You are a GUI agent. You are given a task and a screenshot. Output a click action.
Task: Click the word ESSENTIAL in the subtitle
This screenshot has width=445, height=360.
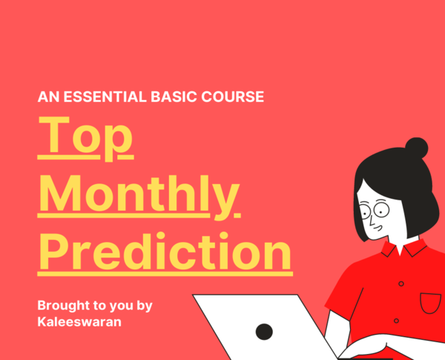(105, 96)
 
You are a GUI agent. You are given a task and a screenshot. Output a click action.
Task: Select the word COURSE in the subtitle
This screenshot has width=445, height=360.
(233, 96)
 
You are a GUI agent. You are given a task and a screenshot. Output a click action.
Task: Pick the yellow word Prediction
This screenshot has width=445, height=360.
(165, 251)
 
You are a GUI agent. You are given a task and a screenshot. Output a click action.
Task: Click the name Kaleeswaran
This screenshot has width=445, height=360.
(79, 322)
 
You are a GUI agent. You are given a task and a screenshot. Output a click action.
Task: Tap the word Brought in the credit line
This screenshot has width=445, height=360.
(64, 306)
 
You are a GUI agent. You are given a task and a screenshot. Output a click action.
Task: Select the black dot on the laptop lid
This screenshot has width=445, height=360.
(264, 332)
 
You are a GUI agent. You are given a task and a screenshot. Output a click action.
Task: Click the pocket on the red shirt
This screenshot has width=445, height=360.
(430, 303)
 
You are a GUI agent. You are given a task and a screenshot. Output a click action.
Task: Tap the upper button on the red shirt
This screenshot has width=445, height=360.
(401, 284)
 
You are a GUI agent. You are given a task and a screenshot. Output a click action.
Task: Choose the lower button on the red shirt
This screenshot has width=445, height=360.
(397, 321)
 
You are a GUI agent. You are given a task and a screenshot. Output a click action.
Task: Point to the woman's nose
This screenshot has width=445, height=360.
(372, 222)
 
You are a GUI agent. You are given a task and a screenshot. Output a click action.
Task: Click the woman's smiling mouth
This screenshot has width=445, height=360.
(378, 228)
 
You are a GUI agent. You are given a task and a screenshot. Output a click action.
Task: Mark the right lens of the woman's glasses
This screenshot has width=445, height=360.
(381, 210)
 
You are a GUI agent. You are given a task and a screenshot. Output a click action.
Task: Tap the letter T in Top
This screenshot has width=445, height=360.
(54, 134)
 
